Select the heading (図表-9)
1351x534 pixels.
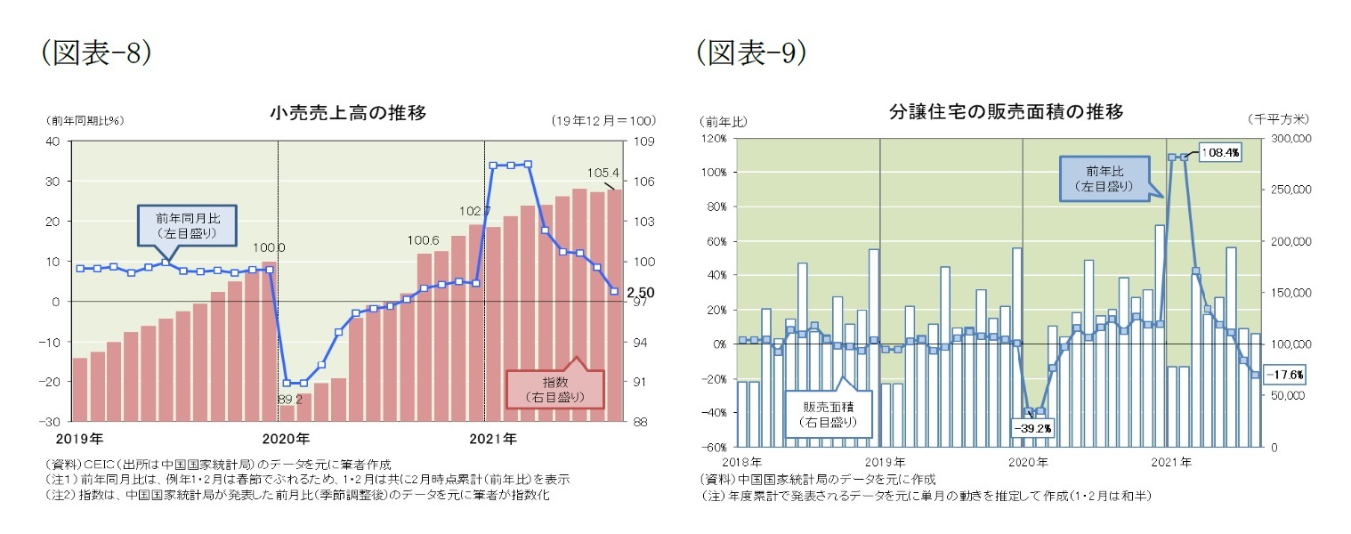pyautogui.click(x=752, y=53)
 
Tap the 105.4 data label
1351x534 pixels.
pyautogui.click(x=603, y=172)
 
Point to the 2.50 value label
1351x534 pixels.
pyautogui.click(x=639, y=292)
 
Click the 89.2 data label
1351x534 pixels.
pyautogui.click(x=290, y=400)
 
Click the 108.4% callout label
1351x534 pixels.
pyautogui.click(x=1219, y=152)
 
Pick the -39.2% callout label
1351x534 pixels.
pyautogui.click(x=1031, y=428)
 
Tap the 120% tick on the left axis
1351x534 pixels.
pyautogui.click(x=716, y=139)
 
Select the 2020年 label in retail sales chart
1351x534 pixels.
pyautogui.click(x=287, y=439)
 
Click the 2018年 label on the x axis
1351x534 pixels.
pyautogui.click(x=742, y=462)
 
